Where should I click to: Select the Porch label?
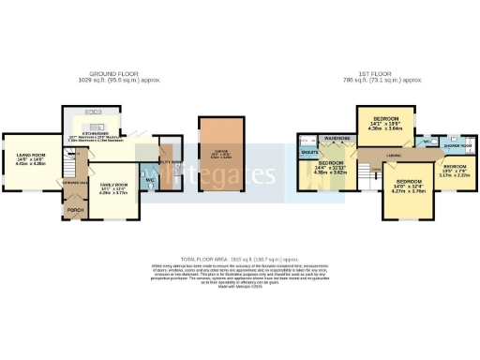pyautogui.click(x=75, y=210)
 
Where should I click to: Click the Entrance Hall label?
pyautogui.click(x=76, y=182)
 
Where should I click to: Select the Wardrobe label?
pyautogui.click(x=337, y=138)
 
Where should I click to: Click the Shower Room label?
pyautogui.click(x=457, y=146)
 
